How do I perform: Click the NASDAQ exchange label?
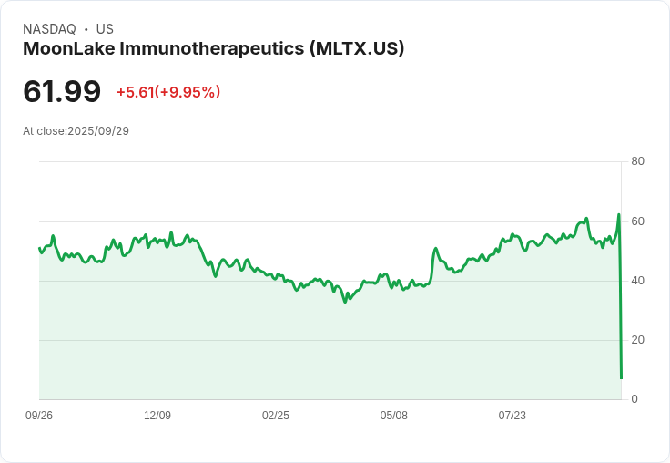pyautogui.click(x=49, y=29)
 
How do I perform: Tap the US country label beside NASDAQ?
pyautogui.click(x=105, y=29)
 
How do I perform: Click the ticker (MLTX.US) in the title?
pyautogui.click(x=357, y=48)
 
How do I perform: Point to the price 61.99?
pyautogui.click(x=62, y=91)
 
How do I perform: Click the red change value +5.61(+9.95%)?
pyautogui.click(x=168, y=92)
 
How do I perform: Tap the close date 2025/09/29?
pyautogui.click(x=98, y=131)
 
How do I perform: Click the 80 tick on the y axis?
pyautogui.click(x=638, y=161)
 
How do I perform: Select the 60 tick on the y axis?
pyautogui.click(x=638, y=221)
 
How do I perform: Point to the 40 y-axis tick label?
pyautogui.click(x=638, y=281)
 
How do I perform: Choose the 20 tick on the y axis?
pyautogui.click(x=638, y=340)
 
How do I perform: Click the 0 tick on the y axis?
pyautogui.click(x=634, y=399)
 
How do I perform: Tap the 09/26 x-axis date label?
pyautogui.click(x=39, y=416)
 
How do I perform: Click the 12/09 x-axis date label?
pyautogui.click(x=157, y=416)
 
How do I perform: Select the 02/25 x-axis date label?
pyautogui.click(x=276, y=416)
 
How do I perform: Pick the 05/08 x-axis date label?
pyautogui.click(x=394, y=416)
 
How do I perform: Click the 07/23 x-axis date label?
pyautogui.click(x=513, y=416)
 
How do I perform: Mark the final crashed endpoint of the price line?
pyautogui.click(x=621, y=377)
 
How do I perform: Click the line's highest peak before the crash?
pyautogui.click(x=619, y=215)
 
